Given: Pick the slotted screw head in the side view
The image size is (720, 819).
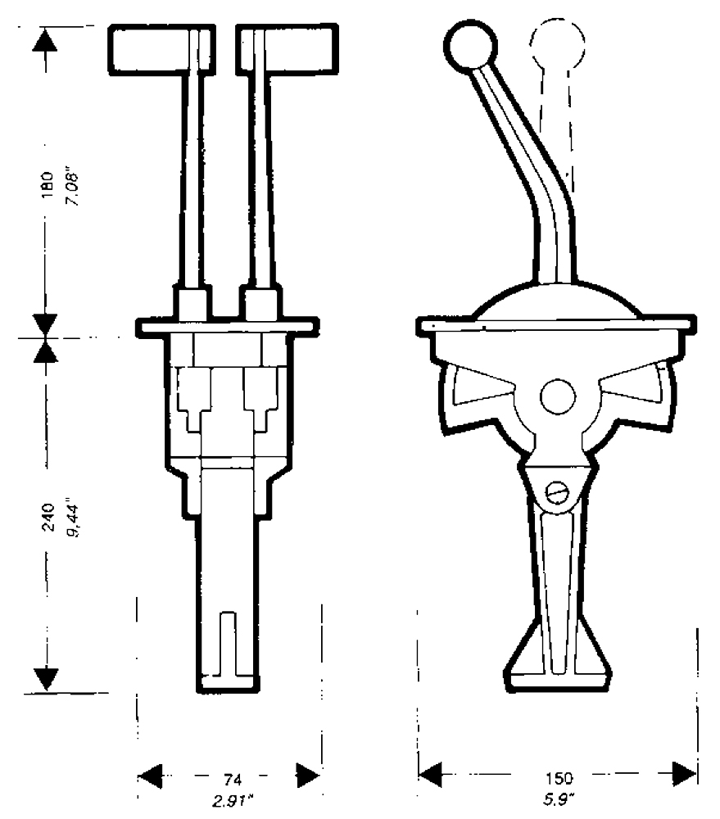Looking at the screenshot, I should (556, 492).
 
